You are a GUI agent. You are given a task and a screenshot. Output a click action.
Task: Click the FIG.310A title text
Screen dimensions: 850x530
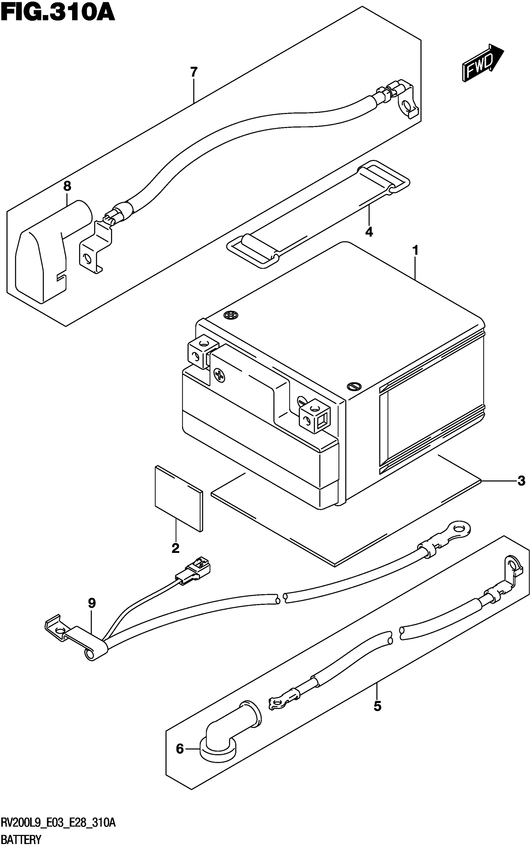58,13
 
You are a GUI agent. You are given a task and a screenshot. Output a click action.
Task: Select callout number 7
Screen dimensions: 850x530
194,73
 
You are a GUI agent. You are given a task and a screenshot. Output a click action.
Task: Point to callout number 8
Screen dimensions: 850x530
67,186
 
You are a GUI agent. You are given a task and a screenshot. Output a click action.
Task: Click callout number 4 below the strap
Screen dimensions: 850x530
369,232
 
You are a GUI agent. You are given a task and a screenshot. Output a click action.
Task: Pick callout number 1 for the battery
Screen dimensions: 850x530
415,251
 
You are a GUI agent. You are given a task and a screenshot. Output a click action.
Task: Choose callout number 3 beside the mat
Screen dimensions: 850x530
521,481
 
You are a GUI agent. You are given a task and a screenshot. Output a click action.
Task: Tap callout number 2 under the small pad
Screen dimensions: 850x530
175,548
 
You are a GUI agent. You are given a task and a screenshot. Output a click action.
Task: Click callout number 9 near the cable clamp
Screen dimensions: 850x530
92,603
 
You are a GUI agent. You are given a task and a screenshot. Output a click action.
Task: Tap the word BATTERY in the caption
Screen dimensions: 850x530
21,840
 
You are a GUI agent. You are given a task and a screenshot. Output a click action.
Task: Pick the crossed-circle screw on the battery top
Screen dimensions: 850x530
230,315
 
